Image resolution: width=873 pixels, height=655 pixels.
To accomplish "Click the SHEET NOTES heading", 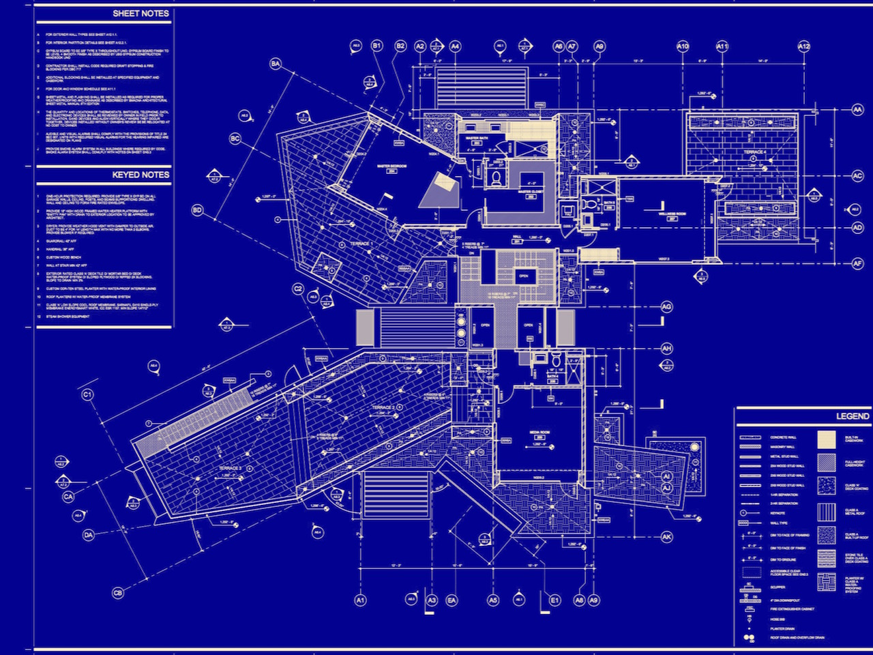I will click(x=140, y=13).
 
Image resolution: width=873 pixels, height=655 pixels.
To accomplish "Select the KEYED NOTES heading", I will click(x=140, y=175).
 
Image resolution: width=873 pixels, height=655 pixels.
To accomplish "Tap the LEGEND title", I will click(x=853, y=416).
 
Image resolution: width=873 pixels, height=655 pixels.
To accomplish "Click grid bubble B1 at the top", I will click(x=377, y=46).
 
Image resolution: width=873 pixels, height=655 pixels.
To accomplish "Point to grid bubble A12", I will click(x=803, y=46).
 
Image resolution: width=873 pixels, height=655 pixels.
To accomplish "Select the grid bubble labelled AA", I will click(x=857, y=109).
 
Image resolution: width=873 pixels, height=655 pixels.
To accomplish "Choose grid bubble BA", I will click(x=276, y=63).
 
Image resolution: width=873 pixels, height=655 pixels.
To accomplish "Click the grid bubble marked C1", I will click(x=87, y=394).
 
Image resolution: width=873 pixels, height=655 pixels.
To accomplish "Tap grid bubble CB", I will click(x=118, y=593).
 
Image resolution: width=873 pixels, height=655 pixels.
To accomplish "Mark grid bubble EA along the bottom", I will click(x=452, y=600).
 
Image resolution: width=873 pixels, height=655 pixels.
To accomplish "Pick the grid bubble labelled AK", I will click(x=666, y=537).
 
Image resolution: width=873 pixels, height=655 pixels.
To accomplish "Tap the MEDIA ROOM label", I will click(x=541, y=433).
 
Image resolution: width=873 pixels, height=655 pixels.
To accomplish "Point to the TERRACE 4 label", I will click(x=754, y=152).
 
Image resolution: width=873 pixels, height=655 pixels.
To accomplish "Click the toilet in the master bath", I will click(x=496, y=177).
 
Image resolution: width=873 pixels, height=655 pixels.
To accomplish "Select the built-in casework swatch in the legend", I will click(x=827, y=439).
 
